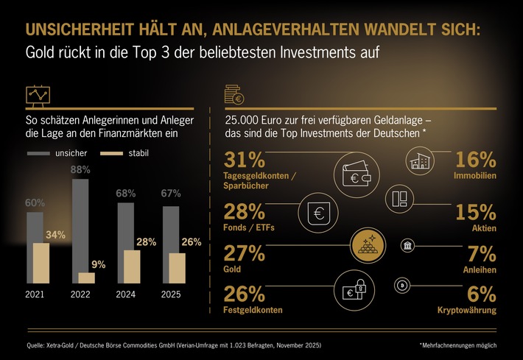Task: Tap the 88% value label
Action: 81,169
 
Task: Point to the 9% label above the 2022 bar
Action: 98,264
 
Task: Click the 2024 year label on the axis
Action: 126,294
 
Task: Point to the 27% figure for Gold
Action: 243,254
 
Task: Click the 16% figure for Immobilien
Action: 475,161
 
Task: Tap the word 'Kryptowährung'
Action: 467,311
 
